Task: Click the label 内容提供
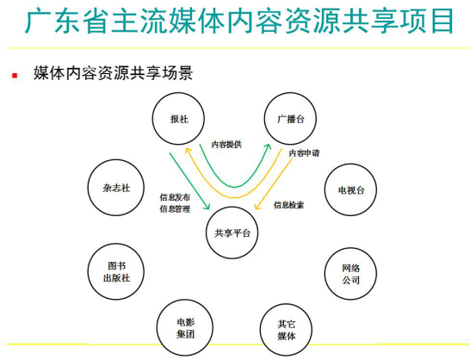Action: [226, 145]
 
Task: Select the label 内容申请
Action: [304, 152]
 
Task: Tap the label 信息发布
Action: [175, 197]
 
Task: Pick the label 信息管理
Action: [175, 209]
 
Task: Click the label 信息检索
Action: [288, 205]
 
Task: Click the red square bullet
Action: [15, 75]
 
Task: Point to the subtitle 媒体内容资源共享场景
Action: [113, 73]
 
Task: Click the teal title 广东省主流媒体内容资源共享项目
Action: [239, 21]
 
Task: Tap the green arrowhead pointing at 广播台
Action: [267, 147]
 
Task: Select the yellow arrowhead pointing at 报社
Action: [189, 151]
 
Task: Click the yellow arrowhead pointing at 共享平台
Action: [257, 206]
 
